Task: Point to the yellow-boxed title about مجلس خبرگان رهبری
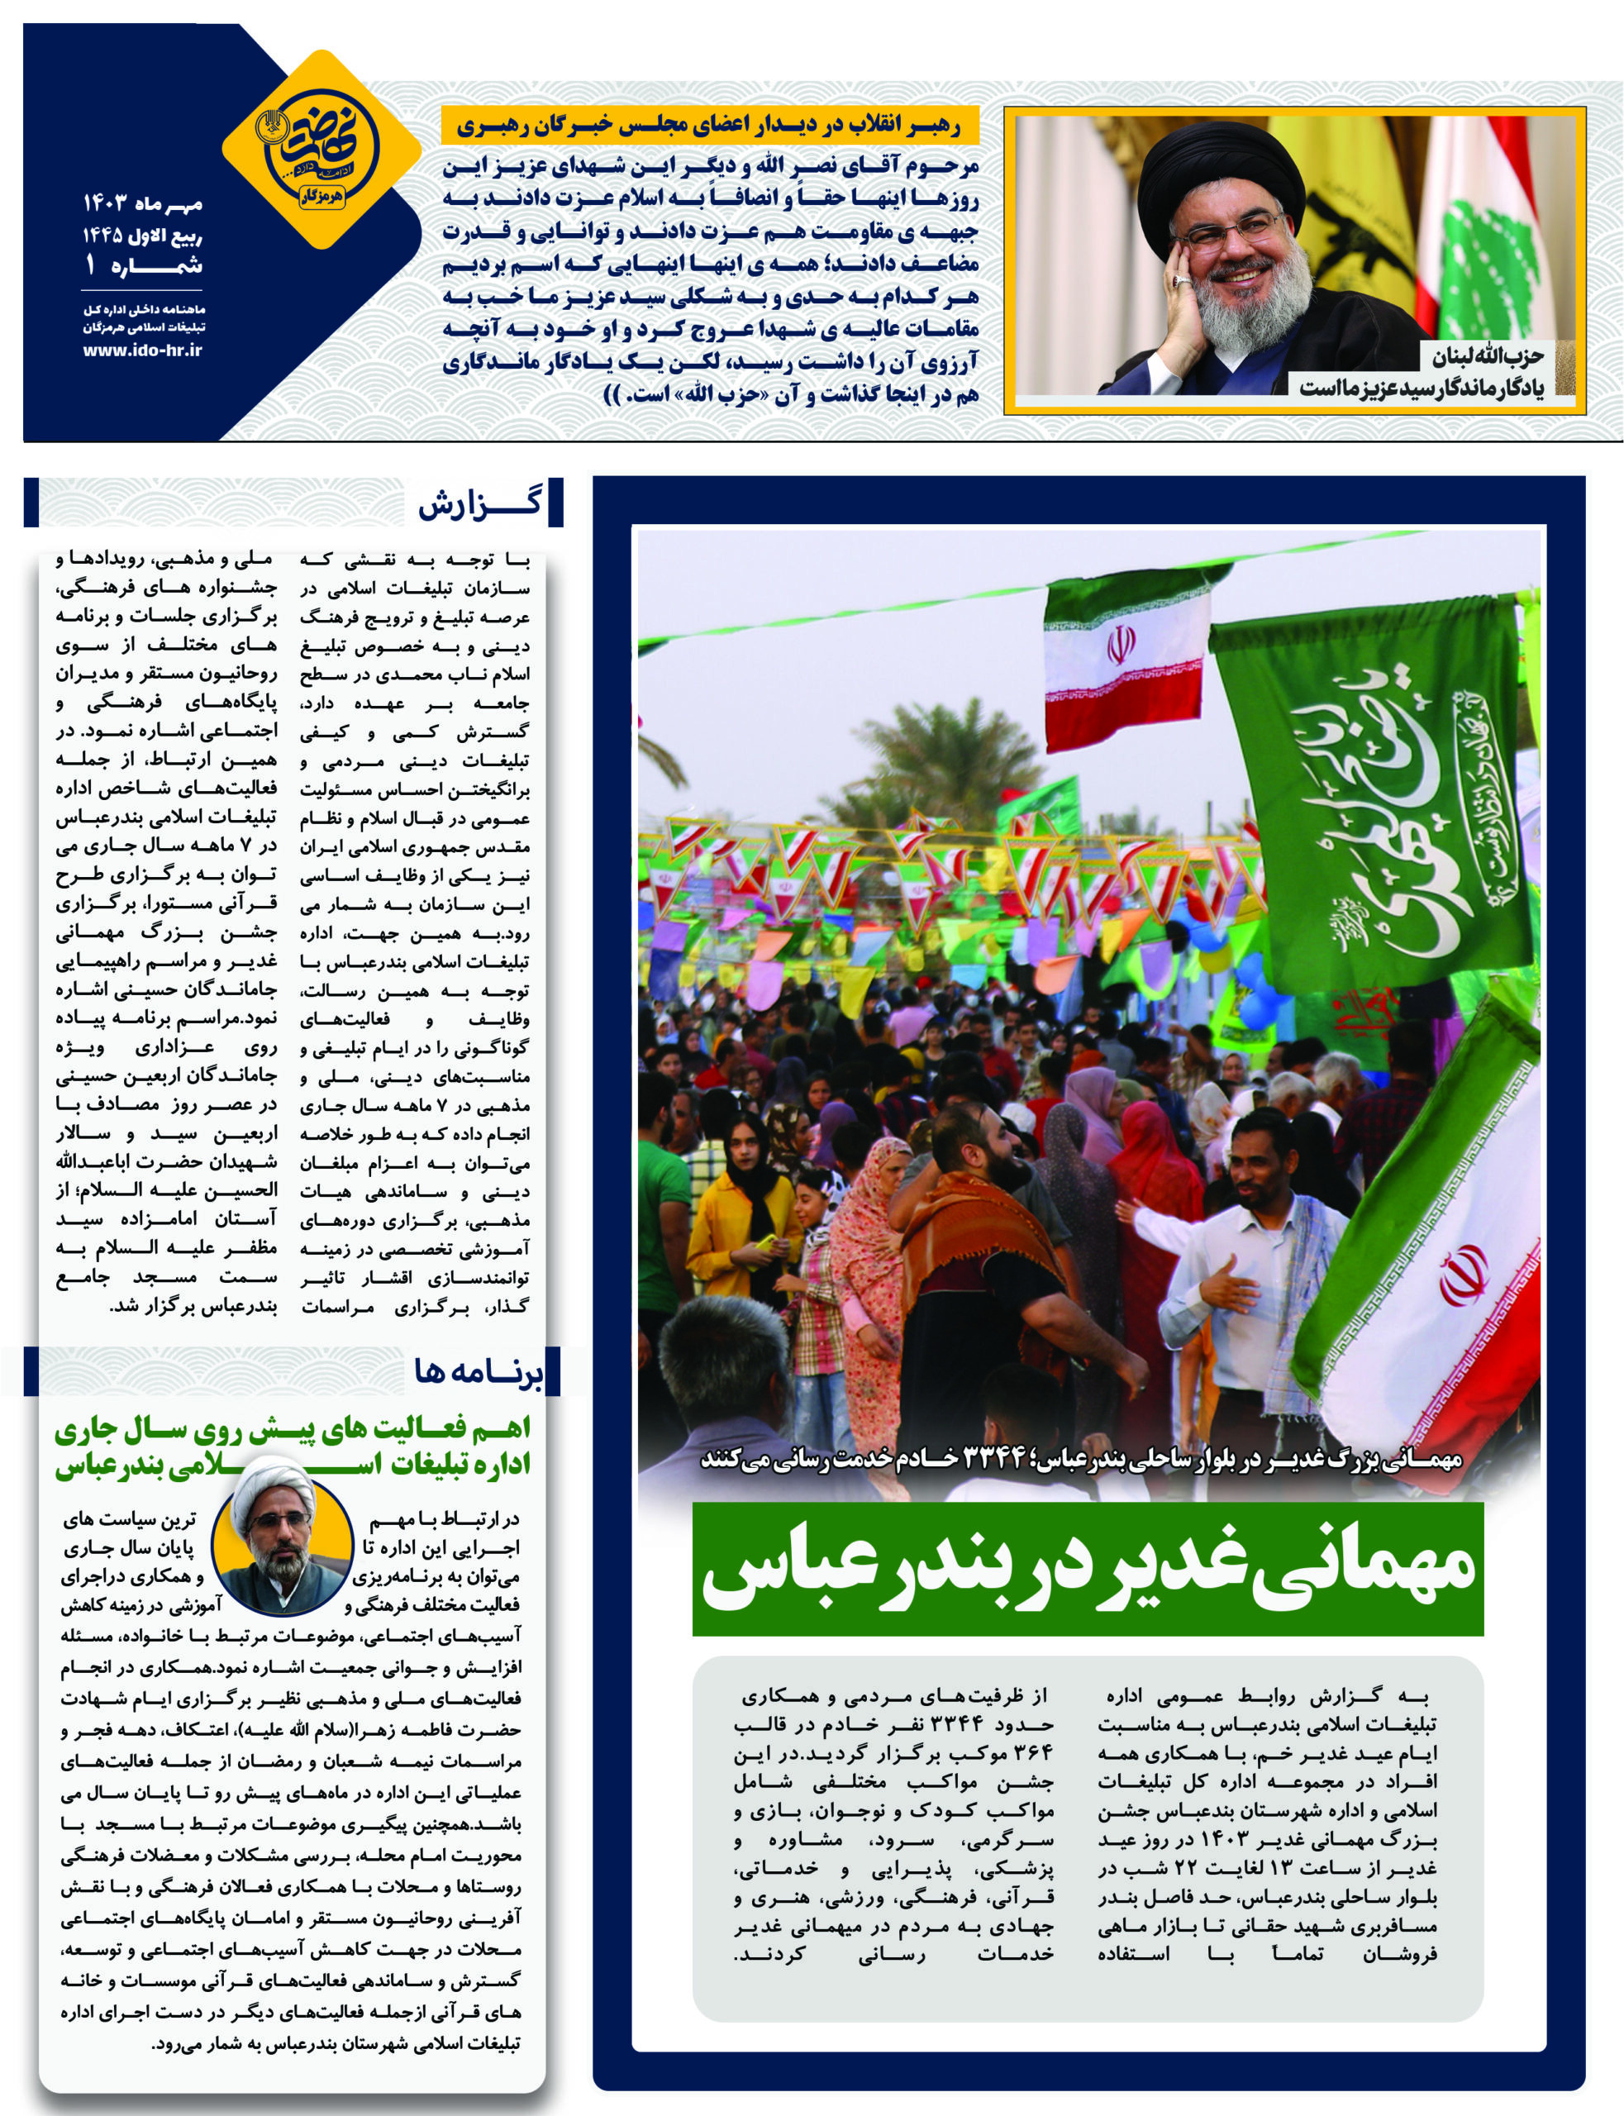tap(712, 126)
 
